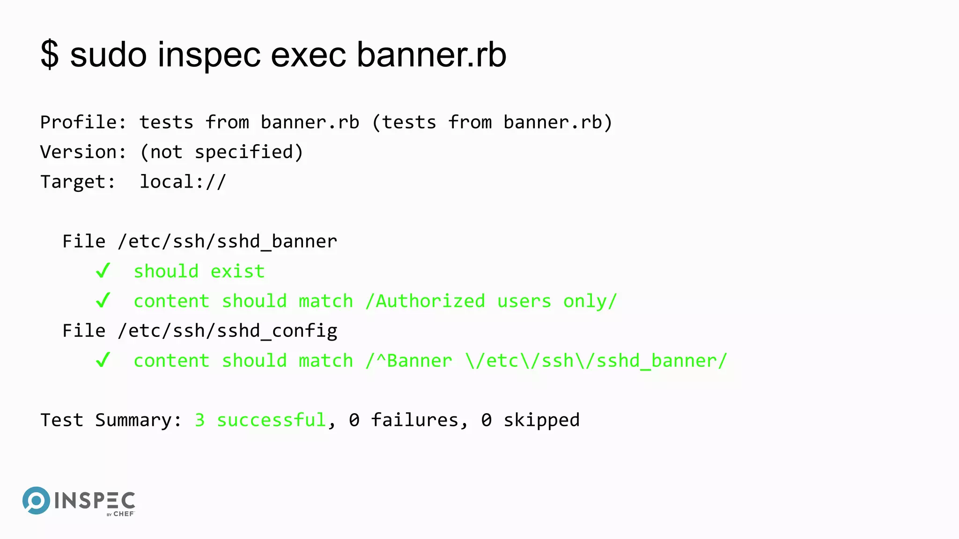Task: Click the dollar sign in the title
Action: pyautogui.click(x=50, y=55)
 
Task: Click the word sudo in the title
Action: pyautogui.click(x=108, y=55)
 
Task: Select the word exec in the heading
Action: pyautogui.click(x=309, y=55)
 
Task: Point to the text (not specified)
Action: pyautogui.click(x=221, y=153)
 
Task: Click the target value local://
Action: pyautogui.click(x=183, y=182)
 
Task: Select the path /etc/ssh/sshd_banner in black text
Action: pyautogui.click(x=228, y=242)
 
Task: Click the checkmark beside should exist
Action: pyautogui.click(x=103, y=271)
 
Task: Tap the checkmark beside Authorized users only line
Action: pyautogui.click(x=103, y=301)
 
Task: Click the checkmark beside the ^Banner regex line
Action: pyautogui.click(x=103, y=360)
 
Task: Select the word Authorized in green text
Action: pyautogui.click(x=430, y=301)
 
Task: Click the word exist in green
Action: pyautogui.click(x=237, y=271)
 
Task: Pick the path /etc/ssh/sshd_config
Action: pyautogui.click(x=228, y=331)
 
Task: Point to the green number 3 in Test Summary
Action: pyautogui.click(x=199, y=420)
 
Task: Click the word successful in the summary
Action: pyautogui.click(x=271, y=420)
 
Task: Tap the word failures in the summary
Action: pyautogui.click(x=414, y=420)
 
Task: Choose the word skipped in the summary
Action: pyautogui.click(x=541, y=420)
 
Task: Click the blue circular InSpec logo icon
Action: pyautogui.click(x=36, y=501)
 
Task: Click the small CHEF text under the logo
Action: pyautogui.click(x=124, y=514)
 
